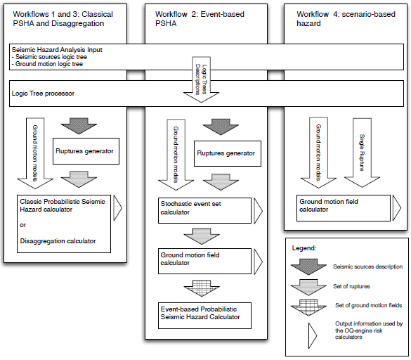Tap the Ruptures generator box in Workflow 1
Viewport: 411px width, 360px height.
pos(84,149)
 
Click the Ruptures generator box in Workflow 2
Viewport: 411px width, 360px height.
pos(225,153)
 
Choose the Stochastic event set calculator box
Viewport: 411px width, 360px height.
pos(203,208)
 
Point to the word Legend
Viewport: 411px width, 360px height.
pos(309,248)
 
